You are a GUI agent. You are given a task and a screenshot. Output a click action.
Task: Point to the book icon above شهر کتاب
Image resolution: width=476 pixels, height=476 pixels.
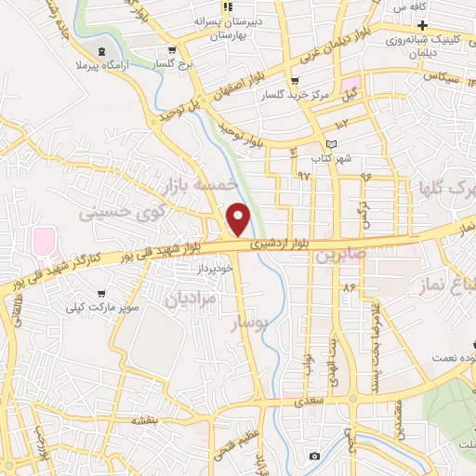[x=333, y=143]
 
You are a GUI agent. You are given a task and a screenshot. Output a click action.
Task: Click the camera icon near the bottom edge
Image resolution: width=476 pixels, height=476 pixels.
[x=314, y=456]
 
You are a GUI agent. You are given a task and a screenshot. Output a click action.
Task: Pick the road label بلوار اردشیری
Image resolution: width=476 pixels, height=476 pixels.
[x=274, y=244]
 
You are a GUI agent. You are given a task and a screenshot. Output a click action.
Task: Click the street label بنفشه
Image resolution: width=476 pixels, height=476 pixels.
[x=144, y=420]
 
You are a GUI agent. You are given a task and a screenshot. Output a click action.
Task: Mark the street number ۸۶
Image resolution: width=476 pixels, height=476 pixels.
[x=350, y=288]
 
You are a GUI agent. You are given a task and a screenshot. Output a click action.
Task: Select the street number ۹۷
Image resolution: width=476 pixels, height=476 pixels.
[x=304, y=175]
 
